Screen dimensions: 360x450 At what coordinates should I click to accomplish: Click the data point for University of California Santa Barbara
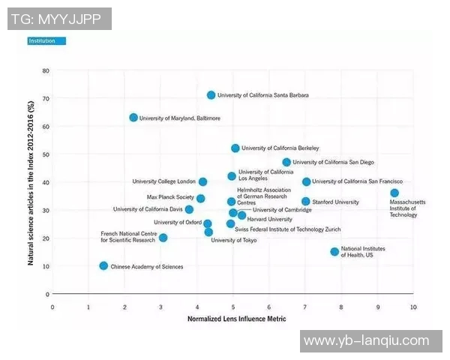coord(211,95)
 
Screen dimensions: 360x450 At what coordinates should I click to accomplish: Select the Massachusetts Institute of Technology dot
coord(394,193)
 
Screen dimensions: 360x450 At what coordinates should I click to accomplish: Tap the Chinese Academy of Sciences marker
coord(103,265)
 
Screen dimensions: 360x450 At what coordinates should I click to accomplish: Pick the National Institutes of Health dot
coord(334,251)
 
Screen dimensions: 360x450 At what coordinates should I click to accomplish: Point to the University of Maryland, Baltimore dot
coord(133,118)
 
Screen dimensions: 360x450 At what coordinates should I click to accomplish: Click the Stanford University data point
coord(306,202)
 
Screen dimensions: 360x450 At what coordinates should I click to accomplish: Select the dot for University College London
coord(202,181)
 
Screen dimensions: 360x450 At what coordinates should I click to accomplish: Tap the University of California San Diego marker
coord(286,162)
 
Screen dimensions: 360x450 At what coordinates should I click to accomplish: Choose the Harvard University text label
coord(270,219)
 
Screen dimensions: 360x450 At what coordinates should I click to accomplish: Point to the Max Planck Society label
coord(170,197)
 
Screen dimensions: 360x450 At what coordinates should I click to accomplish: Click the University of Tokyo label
coord(234,241)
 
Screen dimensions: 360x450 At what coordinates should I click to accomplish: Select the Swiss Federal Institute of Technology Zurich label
coord(288,229)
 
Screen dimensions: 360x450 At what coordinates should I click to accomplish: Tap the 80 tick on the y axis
coord(46,70)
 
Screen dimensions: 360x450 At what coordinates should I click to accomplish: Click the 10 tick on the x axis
coord(413,307)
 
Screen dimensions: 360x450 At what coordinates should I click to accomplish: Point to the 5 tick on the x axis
coord(233,307)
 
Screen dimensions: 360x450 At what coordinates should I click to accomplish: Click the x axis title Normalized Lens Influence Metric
coord(236,319)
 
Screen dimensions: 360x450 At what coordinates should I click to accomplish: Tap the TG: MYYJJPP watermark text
coord(56,18)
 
